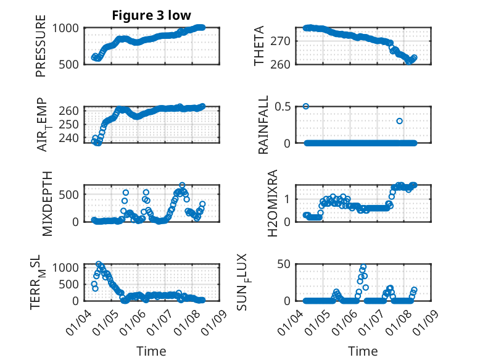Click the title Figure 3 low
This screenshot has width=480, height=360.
coord(151,15)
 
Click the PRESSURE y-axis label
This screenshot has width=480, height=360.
coord(41,50)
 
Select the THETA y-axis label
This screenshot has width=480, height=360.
coord(259,46)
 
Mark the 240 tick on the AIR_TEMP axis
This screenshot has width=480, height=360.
coord(71,137)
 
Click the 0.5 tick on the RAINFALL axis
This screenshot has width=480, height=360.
coord(286,107)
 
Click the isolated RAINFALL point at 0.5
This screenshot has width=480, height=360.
coord(306,106)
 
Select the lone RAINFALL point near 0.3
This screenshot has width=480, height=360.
coord(400,121)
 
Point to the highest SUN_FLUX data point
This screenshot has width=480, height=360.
coord(363,267)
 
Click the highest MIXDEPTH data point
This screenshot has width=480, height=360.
coord(182,185)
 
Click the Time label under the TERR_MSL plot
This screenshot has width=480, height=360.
coord(151,351)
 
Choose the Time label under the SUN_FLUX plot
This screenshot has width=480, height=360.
coord(362,351)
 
